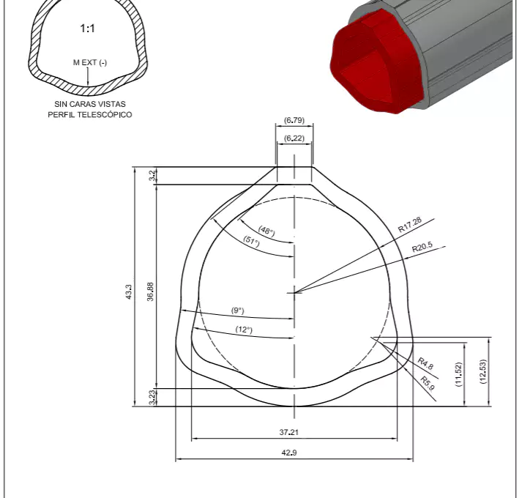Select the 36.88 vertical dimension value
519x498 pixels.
[151, 292]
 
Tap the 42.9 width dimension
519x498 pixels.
[289, 452]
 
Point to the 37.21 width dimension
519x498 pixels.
[289, 432]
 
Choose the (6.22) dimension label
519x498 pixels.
[294, 138]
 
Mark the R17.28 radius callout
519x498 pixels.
[410, 224]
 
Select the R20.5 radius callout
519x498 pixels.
[422, 248]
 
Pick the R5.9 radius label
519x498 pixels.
[428, 381]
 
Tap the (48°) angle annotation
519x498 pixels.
[266, 231]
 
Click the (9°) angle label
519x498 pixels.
[238, 311]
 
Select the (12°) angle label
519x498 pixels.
[244, 330]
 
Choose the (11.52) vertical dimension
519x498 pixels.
[459, 374]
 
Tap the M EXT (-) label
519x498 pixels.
[89, 62]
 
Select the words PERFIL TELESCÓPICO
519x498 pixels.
[89, 115]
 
